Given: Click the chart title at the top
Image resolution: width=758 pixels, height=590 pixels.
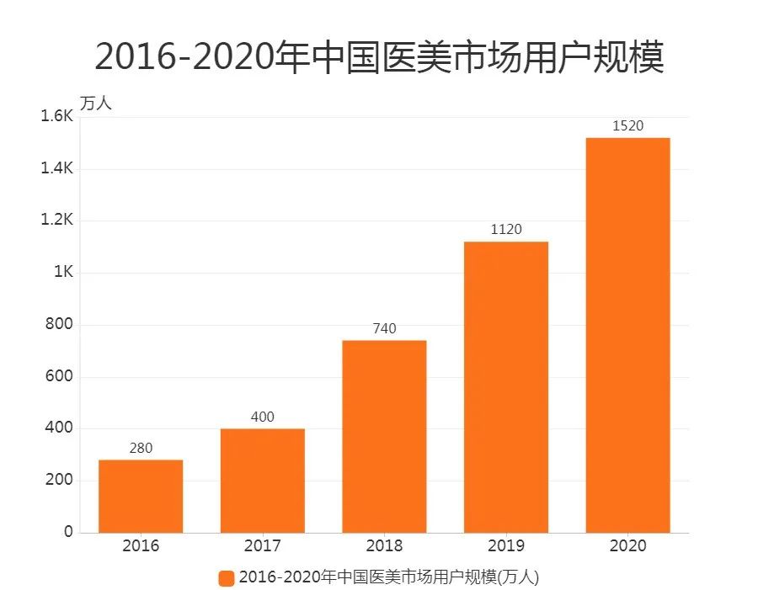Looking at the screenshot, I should [379, 57].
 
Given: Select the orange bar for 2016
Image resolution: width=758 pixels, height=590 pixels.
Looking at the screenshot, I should [141, 496].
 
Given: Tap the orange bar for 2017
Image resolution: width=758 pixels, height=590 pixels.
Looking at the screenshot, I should [263, 481].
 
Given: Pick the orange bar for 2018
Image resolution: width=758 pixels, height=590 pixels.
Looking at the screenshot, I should [384, 436].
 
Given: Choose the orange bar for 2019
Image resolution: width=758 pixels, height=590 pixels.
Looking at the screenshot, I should [506, 387].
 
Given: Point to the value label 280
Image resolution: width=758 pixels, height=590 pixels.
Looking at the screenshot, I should [141, 449].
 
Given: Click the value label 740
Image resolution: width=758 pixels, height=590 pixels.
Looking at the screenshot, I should [384, 328].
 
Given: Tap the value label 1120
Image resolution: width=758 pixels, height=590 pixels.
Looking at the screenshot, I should [506, 230].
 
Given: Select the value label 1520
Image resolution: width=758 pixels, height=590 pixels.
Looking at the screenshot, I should [627, 126].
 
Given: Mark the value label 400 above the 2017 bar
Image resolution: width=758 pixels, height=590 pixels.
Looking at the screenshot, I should [263, 417].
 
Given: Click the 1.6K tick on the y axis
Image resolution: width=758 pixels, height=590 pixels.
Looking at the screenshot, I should [57, 117].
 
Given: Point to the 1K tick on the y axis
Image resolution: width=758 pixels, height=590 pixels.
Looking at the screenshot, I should [63, 273].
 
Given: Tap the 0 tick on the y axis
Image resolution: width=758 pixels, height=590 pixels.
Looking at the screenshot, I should [69, 533].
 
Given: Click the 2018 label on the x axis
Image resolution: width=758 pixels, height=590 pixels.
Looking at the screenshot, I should [384, 546].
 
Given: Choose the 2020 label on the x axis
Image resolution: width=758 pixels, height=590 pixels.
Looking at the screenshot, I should [627, 546].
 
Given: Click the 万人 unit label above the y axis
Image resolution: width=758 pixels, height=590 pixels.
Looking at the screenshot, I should [95, 104].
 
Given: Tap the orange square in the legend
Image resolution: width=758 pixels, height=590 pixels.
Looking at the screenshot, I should [226, 578].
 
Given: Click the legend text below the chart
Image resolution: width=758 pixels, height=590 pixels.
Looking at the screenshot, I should [388, 578].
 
